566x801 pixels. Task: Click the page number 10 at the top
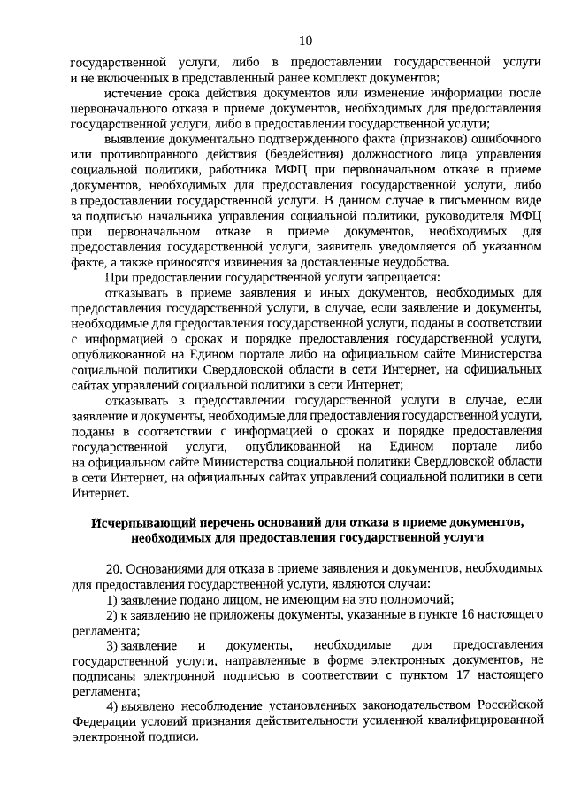(x=305, y=41)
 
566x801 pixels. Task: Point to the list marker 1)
(x=112, y=599)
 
